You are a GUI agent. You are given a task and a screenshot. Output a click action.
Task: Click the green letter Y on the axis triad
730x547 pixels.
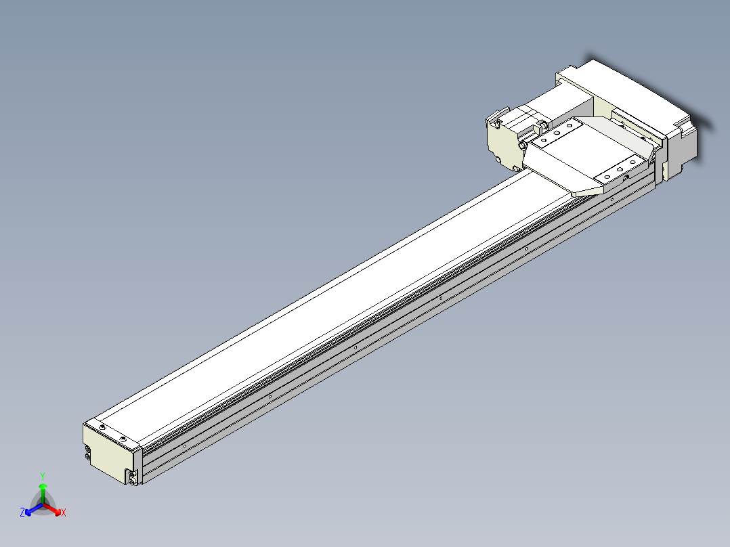43,475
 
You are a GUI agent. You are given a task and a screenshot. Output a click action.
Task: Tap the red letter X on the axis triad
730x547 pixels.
63,512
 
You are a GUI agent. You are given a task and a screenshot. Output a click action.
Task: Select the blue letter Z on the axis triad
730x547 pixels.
22,512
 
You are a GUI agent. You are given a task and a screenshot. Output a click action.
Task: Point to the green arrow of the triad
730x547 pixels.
43,490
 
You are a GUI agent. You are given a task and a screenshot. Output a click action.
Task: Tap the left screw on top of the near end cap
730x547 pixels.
102,429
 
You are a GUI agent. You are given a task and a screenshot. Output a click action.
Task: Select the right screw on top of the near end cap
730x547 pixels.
123,439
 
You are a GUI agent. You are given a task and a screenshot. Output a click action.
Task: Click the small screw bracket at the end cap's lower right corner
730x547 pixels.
133,477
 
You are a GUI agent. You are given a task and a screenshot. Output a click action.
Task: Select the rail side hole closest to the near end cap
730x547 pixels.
186,445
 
